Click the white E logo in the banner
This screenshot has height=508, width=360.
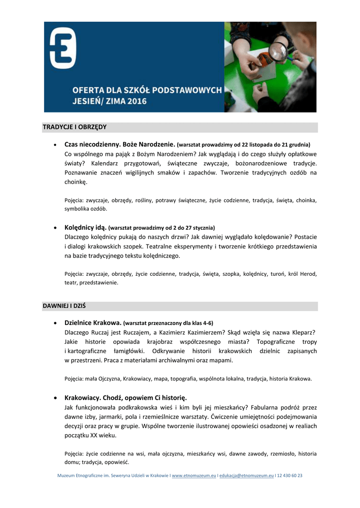click(x=63, y=48)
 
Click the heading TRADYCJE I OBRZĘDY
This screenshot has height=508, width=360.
click(x=74, y=127)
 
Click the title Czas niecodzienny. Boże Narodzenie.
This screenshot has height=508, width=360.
click(x=120, y=144)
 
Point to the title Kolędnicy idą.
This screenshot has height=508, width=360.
click(x=86, y=227)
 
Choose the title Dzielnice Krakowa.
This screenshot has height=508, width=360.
click(x=93, y=322)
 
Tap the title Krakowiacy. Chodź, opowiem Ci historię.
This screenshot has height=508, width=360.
click(x=126, y=397)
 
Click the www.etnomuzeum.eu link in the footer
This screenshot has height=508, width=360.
click(x=194, y=475)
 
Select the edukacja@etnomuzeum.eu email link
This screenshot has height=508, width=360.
click(x=246, y=475)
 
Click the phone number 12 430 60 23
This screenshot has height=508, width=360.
click(x=289, y=475)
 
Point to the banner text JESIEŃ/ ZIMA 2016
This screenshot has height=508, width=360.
click(x=110, y=101)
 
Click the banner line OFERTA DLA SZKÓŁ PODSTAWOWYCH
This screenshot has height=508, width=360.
click(x=147, y=90)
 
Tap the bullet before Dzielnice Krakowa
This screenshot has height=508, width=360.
click(x=54, y=323)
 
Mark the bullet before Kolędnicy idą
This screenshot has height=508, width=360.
click(x=54, y=228)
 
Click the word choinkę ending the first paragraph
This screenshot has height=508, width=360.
click(x=75, y=182)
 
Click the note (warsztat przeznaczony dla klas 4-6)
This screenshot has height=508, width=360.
click(x=168, y=323)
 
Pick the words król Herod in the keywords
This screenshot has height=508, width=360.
click(x=303, y=273)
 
